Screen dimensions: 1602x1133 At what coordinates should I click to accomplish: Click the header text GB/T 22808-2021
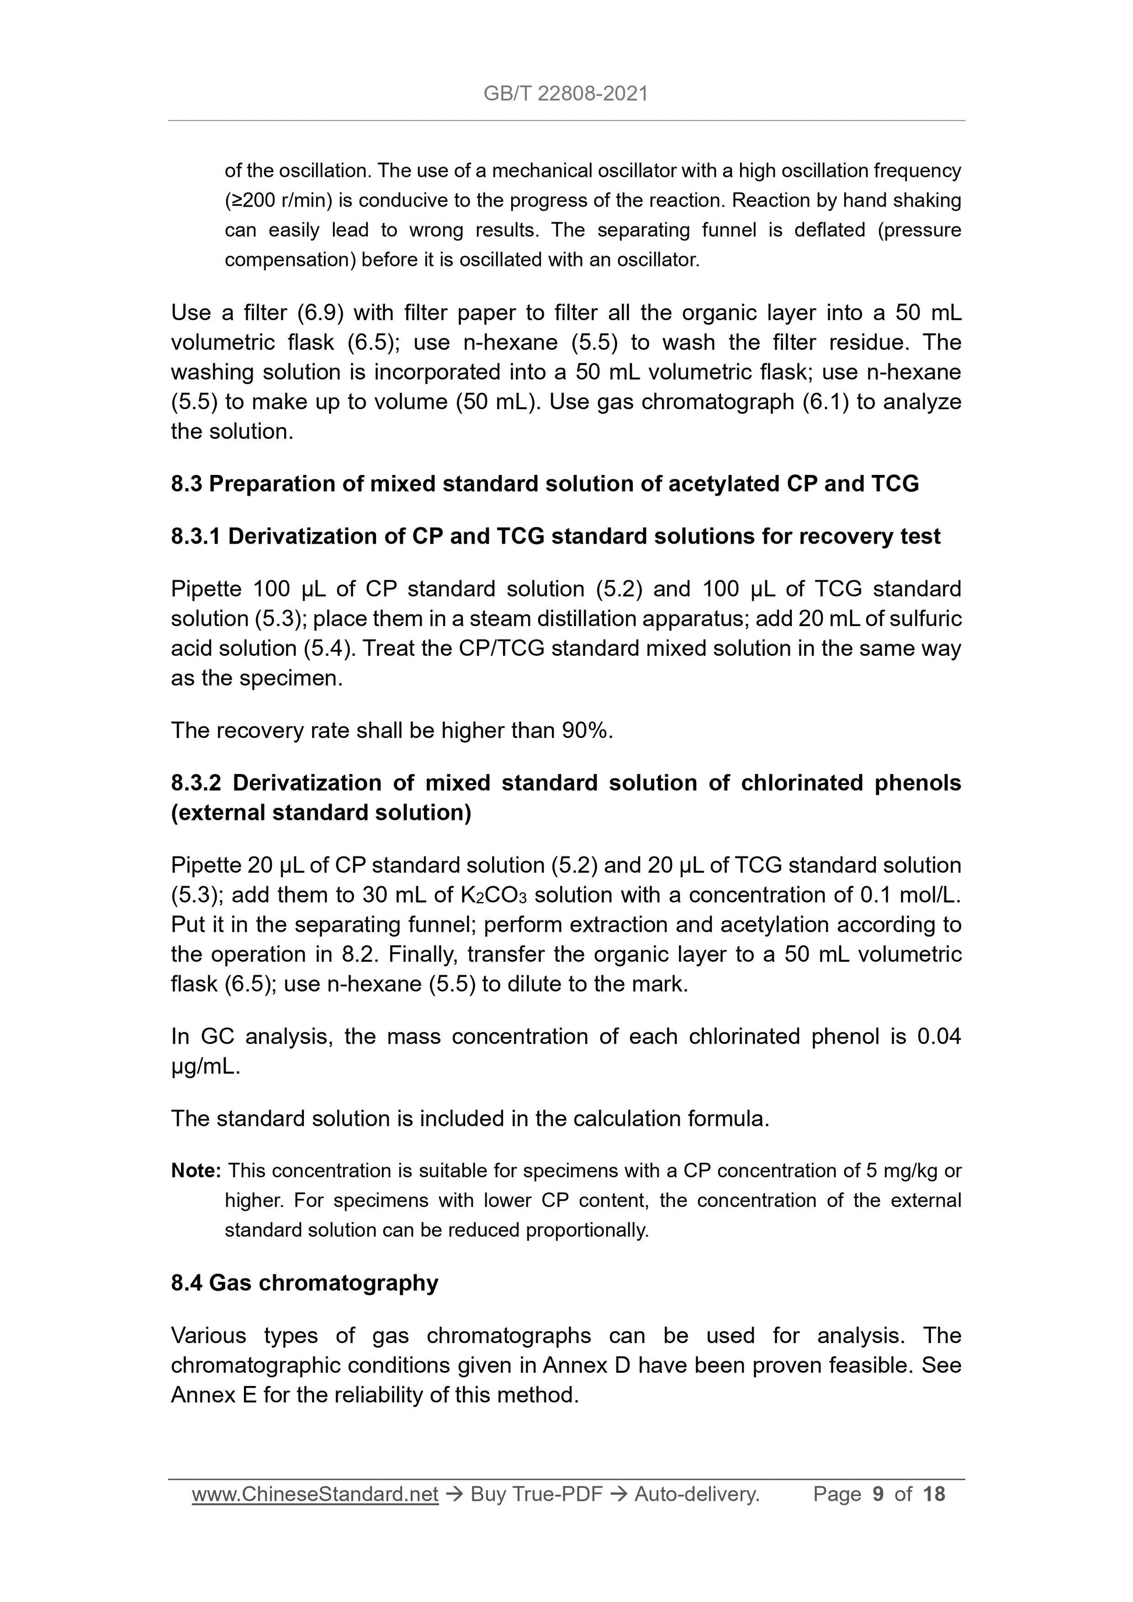pos(565,94)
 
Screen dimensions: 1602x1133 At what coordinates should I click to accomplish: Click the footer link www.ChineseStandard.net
pos(315,1494)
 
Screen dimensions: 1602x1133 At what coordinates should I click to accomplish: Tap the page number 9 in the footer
pos(877,1494)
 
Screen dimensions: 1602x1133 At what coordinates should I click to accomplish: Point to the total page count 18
pos(933,1494)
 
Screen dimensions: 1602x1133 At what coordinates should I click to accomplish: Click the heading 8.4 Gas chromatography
pos(305,1283)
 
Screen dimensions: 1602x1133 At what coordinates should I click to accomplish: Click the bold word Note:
pos(196,1171)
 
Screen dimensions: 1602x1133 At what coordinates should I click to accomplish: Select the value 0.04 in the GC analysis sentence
pos(939,1036)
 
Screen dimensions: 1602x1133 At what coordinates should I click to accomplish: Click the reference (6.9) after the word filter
pos(320,312)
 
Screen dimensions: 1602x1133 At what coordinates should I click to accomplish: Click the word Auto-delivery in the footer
pos(695,1494)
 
